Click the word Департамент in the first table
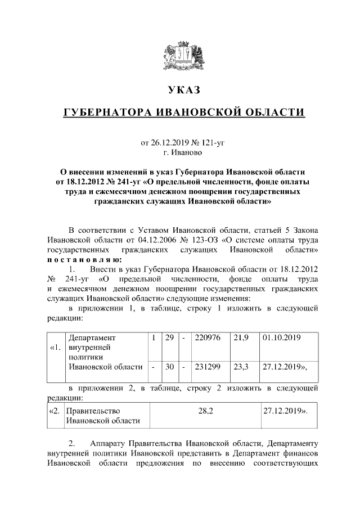coord(92,337)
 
